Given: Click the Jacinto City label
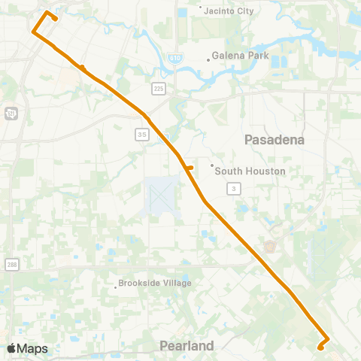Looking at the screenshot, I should tap(229, 11).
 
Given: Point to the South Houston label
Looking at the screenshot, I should tap(250, 171).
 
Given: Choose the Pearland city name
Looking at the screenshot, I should tap(187, 346).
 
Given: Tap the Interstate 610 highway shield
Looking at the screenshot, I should tap(174, 57).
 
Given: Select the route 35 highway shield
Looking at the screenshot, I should tap(142, 134).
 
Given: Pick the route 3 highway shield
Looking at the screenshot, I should tap(235, 188).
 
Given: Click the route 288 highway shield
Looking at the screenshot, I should tap(11, 264).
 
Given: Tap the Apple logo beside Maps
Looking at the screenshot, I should tap(11, 348).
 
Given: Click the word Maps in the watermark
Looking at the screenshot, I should tap(32, 348).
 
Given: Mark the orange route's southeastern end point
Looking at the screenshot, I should tap(320, 347).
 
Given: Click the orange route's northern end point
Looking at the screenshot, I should tap(56, 19).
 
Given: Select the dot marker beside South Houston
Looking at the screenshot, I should tap(213, 165).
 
